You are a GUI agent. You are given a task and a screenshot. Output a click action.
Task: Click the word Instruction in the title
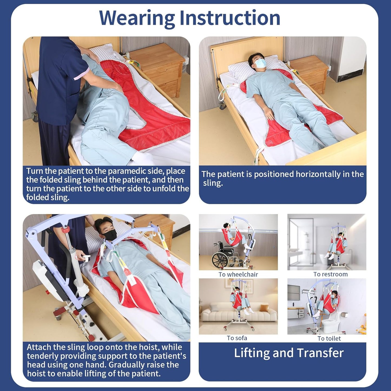[230, 18]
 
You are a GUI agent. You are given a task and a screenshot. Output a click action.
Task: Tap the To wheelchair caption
[238, 275]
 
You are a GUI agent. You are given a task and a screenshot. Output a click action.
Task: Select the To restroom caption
[330, 274]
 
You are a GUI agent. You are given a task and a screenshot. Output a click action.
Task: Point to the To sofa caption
[237, 338]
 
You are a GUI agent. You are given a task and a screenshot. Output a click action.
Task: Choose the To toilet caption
[329, 339]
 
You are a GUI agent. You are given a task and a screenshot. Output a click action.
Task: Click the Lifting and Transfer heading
[289, 353]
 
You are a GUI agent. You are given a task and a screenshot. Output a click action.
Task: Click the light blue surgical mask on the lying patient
[260, 63]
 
